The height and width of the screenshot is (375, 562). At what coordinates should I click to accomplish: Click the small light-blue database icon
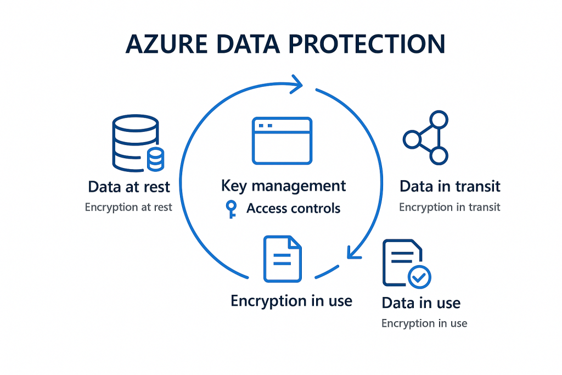point(156,159)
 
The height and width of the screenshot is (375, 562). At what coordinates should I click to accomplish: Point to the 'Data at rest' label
point(129,187)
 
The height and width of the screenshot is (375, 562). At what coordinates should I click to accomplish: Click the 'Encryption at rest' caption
point(128,208)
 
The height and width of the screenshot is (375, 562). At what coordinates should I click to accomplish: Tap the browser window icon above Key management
point(282,141)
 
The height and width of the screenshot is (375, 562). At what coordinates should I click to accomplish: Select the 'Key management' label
point(283,186)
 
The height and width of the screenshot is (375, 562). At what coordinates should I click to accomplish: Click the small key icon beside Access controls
point(231,209)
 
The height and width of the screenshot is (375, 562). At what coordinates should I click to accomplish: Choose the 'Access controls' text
point(293,209)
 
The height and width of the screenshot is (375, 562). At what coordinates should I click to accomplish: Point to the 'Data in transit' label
point(450,187)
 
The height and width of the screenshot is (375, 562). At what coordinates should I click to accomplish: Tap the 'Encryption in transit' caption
point(450,208)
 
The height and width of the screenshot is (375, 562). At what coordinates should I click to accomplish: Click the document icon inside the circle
point(282,259)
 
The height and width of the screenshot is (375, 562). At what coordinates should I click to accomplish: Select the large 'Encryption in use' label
point(291,301)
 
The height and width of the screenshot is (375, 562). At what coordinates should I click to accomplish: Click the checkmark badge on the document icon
point(420,277)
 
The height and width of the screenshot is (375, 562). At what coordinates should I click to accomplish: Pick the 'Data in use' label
point(421,303)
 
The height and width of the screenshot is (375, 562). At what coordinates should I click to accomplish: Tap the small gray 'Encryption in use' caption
point(424,323)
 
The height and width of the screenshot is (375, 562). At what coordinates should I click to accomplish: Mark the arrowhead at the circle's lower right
point(352,252)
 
